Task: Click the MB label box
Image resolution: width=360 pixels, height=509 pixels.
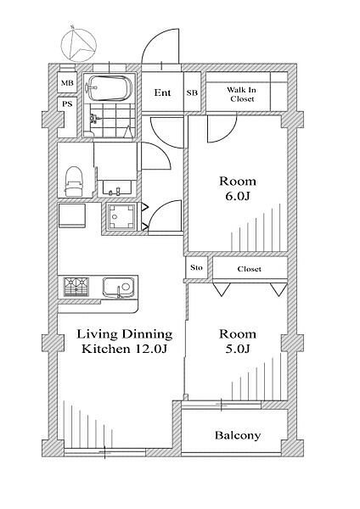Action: tap(67, 83)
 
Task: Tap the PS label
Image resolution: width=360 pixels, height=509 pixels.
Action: tap(67, 104)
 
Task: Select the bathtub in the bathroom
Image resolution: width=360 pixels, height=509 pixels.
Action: tap(109, 88)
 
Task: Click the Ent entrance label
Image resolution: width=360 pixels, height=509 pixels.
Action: tap(162, 92)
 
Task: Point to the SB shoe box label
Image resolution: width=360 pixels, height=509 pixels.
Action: tap(192, 92)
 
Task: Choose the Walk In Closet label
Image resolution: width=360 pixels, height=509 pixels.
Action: tap(242, 94)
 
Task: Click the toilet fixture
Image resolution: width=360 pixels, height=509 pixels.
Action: tap(75, 182)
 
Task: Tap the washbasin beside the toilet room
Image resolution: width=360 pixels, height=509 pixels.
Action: tap(117, 187)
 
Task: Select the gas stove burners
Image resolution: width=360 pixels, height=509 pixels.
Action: tap(76, 287)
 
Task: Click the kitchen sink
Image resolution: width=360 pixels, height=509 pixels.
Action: tap(119, 287)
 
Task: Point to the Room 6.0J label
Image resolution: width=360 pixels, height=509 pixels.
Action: tap(238, 188)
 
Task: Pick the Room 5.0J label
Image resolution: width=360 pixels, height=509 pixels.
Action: tap(238, 341)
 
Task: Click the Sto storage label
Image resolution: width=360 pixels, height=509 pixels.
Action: tap(196, 268)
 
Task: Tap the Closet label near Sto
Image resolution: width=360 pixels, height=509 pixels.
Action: tap(250, 269)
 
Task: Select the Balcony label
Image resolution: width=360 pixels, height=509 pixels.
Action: tap(238, 435)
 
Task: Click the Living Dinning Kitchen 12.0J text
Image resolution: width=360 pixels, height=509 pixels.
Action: tap(125, 341)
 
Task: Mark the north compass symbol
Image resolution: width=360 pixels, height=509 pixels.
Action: tap(79, 44)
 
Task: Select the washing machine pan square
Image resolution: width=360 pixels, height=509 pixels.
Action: tap(121, 217)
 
